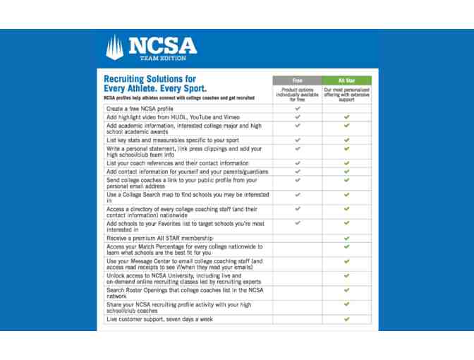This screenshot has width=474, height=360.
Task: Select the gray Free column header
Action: [296, 81]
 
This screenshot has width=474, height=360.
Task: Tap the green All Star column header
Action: [346, 81]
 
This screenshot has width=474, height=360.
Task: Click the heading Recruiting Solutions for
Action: [150, 79]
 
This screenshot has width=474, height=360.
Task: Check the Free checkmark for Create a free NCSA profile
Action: [297, 109]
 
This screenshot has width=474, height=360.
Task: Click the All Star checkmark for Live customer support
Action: [346, 319]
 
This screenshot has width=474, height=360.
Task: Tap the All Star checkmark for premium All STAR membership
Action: [346, 238]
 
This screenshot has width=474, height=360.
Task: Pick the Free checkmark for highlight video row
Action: [297, 117]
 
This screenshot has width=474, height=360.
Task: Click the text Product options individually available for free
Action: [296, 95]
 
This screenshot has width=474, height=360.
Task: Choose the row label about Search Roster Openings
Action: [184, 294]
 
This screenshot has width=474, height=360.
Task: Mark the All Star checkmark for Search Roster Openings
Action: [346, 292]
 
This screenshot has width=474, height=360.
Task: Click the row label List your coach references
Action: [178, 163]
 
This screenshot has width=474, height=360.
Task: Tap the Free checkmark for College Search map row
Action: [297, 194]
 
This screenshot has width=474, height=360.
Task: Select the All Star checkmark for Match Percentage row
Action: [346, 247]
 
